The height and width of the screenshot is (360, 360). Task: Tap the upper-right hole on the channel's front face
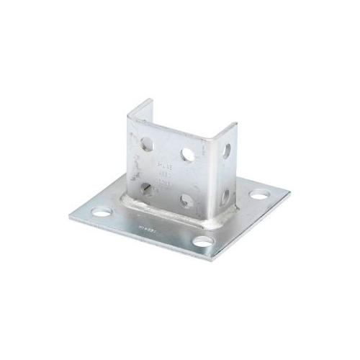pos(187,154)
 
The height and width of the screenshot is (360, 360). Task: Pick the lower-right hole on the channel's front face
pos(186,200)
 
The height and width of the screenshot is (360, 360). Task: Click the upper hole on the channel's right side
pos(226,151)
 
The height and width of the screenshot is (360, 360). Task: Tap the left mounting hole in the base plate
pos(102,212)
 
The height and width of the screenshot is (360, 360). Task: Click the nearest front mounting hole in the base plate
pos(204,241)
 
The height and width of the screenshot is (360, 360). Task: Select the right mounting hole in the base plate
pos(258,194)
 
